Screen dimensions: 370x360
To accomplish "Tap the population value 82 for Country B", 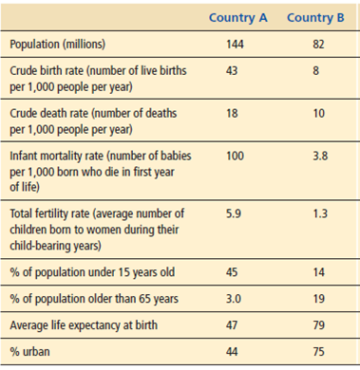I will coord(317,45).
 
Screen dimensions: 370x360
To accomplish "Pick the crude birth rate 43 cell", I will coord(234,69).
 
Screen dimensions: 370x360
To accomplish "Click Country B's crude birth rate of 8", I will coord(317,69).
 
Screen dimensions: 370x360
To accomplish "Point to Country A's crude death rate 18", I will coord(234,113).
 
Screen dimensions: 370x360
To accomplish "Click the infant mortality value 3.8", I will coord(317,156).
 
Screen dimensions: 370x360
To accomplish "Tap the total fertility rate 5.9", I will coord(235,213).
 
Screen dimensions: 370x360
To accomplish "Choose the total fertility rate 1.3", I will coord(317,213).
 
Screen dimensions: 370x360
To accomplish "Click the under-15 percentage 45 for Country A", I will coord(235,273).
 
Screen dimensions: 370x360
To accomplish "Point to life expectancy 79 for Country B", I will coord(317,327).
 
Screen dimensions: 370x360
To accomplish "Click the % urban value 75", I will coord(317,353).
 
